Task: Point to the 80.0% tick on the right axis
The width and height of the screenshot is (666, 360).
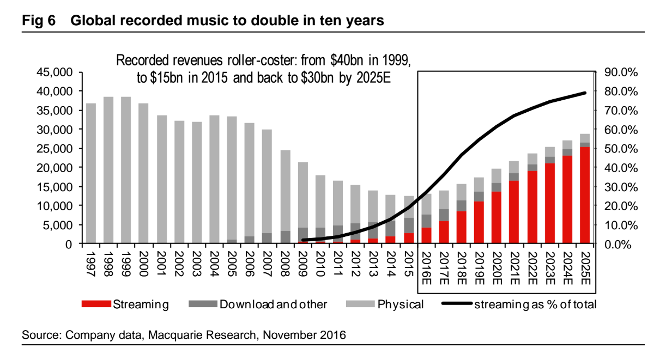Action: tap(622, 91)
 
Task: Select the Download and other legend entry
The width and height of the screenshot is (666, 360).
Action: tap(273, 304)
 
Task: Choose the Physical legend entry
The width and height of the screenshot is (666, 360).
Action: tap(400, 304)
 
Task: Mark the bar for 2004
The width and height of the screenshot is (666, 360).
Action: tap(214, 179)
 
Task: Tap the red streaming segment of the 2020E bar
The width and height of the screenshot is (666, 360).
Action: tap(497, 217)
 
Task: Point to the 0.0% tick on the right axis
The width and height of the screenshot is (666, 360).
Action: tap(620, 244)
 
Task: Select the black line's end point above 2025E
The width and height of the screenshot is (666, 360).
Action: tap(585, 93)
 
